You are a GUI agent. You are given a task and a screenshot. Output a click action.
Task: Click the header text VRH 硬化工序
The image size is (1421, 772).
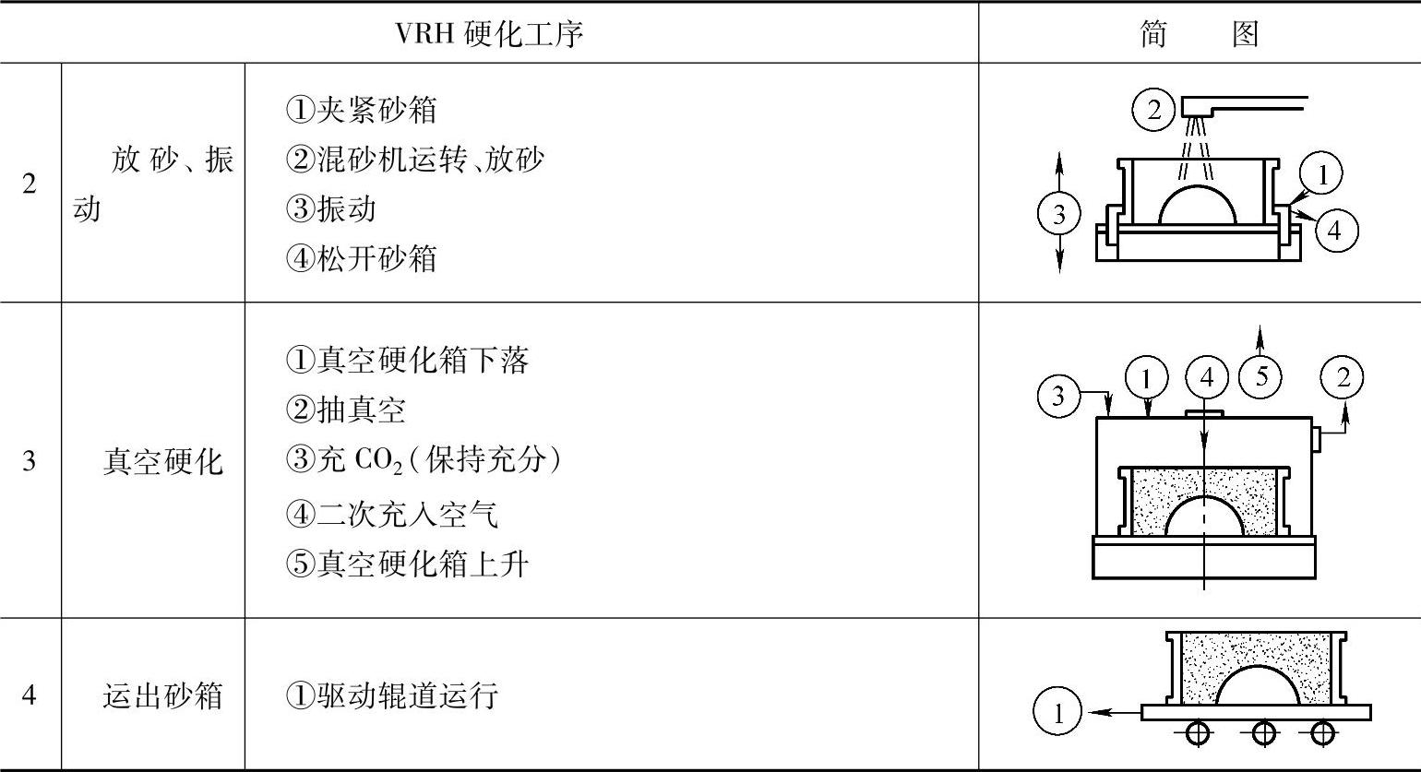(x=489, y=34)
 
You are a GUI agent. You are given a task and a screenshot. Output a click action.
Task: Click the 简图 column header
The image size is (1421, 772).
(x=1199, y=34)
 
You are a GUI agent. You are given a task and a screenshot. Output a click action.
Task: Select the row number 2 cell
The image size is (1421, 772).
(x=30, y=184)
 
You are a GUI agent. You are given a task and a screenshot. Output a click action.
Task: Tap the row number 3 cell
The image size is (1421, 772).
(x=30, y=459)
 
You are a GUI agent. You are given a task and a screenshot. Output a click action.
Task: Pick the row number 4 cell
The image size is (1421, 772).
(x=30, y=695)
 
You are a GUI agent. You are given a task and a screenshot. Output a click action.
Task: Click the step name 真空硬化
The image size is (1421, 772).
(x=162, y=460)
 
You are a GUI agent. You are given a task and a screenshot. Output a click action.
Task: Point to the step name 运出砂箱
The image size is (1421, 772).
(x=162, y=695)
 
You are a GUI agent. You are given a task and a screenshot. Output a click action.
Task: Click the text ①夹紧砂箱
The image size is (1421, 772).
(x=361, y=110)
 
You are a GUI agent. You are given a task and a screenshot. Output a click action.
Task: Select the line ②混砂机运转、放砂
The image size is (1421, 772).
(x=414, y=160)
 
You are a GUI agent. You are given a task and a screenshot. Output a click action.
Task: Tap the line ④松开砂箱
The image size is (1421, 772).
(x=361, y=258)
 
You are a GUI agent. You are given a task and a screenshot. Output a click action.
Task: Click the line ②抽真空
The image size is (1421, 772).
(x=345, y=410)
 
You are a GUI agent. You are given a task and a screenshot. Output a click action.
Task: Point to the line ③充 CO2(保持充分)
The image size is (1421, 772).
(x=423, y=459)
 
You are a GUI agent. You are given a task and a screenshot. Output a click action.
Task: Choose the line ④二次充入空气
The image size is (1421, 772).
(x=392, y=514)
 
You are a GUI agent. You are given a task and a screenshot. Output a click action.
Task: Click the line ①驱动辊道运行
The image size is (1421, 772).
(x=392, y=695)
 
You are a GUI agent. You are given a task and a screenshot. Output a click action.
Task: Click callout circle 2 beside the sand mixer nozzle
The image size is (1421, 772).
(x=1153, y=111)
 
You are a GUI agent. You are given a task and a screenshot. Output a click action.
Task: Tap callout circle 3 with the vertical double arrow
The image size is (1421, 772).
(x=1058, y=214)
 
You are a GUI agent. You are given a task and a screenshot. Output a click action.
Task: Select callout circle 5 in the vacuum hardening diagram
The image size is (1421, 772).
(x=1261, y=376)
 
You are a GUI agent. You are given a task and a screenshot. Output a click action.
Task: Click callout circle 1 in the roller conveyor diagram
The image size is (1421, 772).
(x=1057, y=713)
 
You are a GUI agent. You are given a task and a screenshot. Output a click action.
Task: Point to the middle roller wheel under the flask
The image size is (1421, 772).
(x=1263, y=734)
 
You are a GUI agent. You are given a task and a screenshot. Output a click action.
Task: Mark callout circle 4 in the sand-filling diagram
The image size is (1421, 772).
(x=1334, y=230)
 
